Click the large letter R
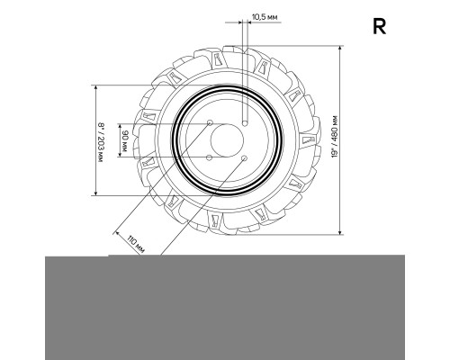click(x=379, y=26)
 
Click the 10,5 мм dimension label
click(x=265, y=17)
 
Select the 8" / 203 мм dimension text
click(x=101, y=142)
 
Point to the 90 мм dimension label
click(x=125, y=140)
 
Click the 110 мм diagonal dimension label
click(x=136, y=244)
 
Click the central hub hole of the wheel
click(x=227, y=140)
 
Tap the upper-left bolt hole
click(x=210, y=122)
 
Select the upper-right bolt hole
click(x=245, y=123)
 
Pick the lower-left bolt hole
click(x=210, y=157)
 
